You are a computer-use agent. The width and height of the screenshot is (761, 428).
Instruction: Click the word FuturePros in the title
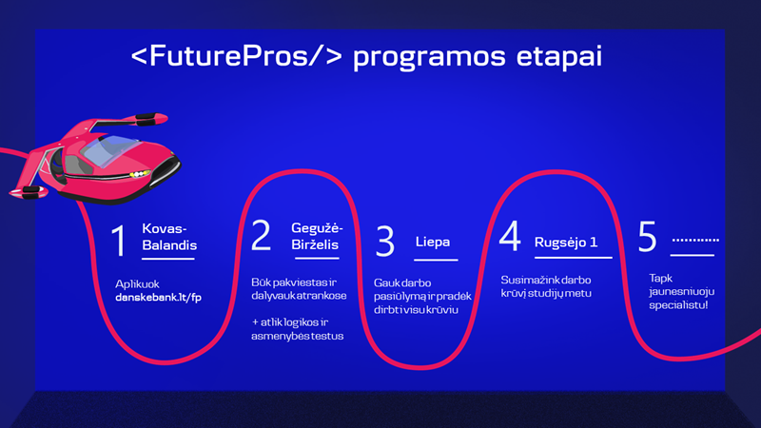(228, 56)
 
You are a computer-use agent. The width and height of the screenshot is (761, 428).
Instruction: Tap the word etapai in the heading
(558, 57)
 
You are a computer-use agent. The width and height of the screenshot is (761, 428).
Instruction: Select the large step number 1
(118, 241)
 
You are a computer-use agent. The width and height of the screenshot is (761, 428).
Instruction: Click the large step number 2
(261, 235)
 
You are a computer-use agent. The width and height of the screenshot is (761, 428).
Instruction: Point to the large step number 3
(385, 241)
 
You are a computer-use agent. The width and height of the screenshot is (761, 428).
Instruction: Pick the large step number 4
(510, 235)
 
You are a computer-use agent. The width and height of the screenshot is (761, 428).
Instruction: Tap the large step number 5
(647, 236)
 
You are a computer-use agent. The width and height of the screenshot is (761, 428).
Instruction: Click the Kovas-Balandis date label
(169, 237)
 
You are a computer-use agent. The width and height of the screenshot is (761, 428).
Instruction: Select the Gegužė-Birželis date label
(317, 236)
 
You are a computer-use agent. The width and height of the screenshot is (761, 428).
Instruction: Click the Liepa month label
(433, 242)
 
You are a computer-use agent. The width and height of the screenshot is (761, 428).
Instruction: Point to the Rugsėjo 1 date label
(566, 243)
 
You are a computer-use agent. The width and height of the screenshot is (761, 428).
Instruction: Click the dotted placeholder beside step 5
(695, 240)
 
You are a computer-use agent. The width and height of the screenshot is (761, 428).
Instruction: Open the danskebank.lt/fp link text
(158, 298)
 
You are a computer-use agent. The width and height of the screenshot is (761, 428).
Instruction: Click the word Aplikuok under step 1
(137, 284)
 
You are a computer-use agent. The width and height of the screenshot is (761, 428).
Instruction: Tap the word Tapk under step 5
(660, 278)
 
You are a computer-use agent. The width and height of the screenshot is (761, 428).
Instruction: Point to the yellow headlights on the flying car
(139, 174)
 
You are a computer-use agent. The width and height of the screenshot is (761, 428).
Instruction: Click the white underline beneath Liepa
(436, 260)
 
